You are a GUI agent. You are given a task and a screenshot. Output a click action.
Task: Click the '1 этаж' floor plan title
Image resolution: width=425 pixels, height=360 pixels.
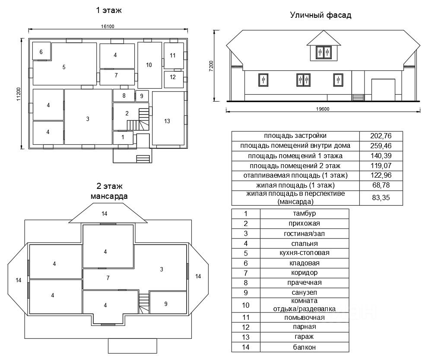(109, 10)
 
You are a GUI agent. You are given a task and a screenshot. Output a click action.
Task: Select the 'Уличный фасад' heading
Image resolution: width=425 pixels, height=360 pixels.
(320, 16)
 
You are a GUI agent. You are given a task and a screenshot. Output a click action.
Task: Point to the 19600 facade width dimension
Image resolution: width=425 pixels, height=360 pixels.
(323, 109)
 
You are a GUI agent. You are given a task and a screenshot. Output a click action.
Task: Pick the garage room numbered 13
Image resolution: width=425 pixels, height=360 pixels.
(168, 121)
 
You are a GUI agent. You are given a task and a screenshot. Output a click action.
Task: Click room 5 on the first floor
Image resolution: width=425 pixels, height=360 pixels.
(64, 67)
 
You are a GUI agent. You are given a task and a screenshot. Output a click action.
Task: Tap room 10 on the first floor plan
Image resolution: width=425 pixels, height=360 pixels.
(149, 65)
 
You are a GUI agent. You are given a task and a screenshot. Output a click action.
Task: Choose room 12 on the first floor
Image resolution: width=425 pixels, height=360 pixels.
(173, 77)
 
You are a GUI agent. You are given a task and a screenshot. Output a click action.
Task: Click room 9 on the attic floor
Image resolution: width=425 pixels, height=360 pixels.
(166, 304)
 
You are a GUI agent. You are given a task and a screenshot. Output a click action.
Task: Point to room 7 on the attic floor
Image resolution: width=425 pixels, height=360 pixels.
(108, 278)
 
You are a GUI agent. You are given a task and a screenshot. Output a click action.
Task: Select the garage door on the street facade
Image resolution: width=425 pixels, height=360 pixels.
(383, 89)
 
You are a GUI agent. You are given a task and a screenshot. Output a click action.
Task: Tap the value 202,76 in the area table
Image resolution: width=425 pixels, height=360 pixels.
(381, 136)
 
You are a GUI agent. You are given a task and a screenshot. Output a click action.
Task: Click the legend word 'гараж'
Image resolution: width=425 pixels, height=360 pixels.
(304, 337)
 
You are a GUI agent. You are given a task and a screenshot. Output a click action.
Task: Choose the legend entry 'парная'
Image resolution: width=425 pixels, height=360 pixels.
(304, 327)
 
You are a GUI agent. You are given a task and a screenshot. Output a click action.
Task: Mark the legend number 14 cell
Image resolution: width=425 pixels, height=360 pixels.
(245, 347)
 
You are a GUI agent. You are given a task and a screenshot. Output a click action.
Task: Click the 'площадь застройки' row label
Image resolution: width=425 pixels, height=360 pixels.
(296, 136)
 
